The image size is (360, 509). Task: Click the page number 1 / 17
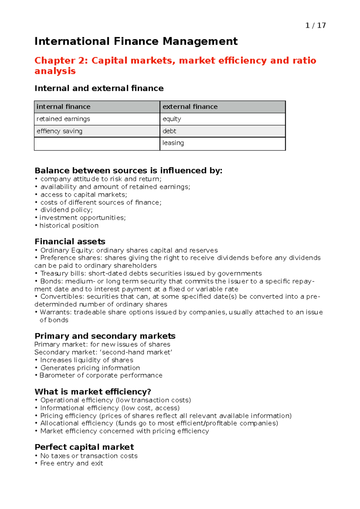pyautogui.click(x=315, y=25)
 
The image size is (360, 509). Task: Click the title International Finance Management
pyautogui.click(x=136, y=41)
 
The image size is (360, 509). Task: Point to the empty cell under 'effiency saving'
pyautogui.click(x=97, y=144)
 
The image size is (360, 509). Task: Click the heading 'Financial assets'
pyautogui.click(x=70, y=242)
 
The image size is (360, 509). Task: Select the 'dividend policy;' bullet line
pyautogui.click(x=66, y=210)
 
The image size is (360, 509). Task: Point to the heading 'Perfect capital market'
pyautogui.click(x=84, y=447)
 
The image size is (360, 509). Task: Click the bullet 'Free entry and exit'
pyautogui.click(x=71, y=463)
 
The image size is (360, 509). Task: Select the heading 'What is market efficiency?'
pyautogui.click(x=93, y=392)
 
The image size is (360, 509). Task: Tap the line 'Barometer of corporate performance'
pyautogui.click(x=101, y=375)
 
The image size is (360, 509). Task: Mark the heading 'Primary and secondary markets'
pyautogui.click(x=105, y=336)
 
